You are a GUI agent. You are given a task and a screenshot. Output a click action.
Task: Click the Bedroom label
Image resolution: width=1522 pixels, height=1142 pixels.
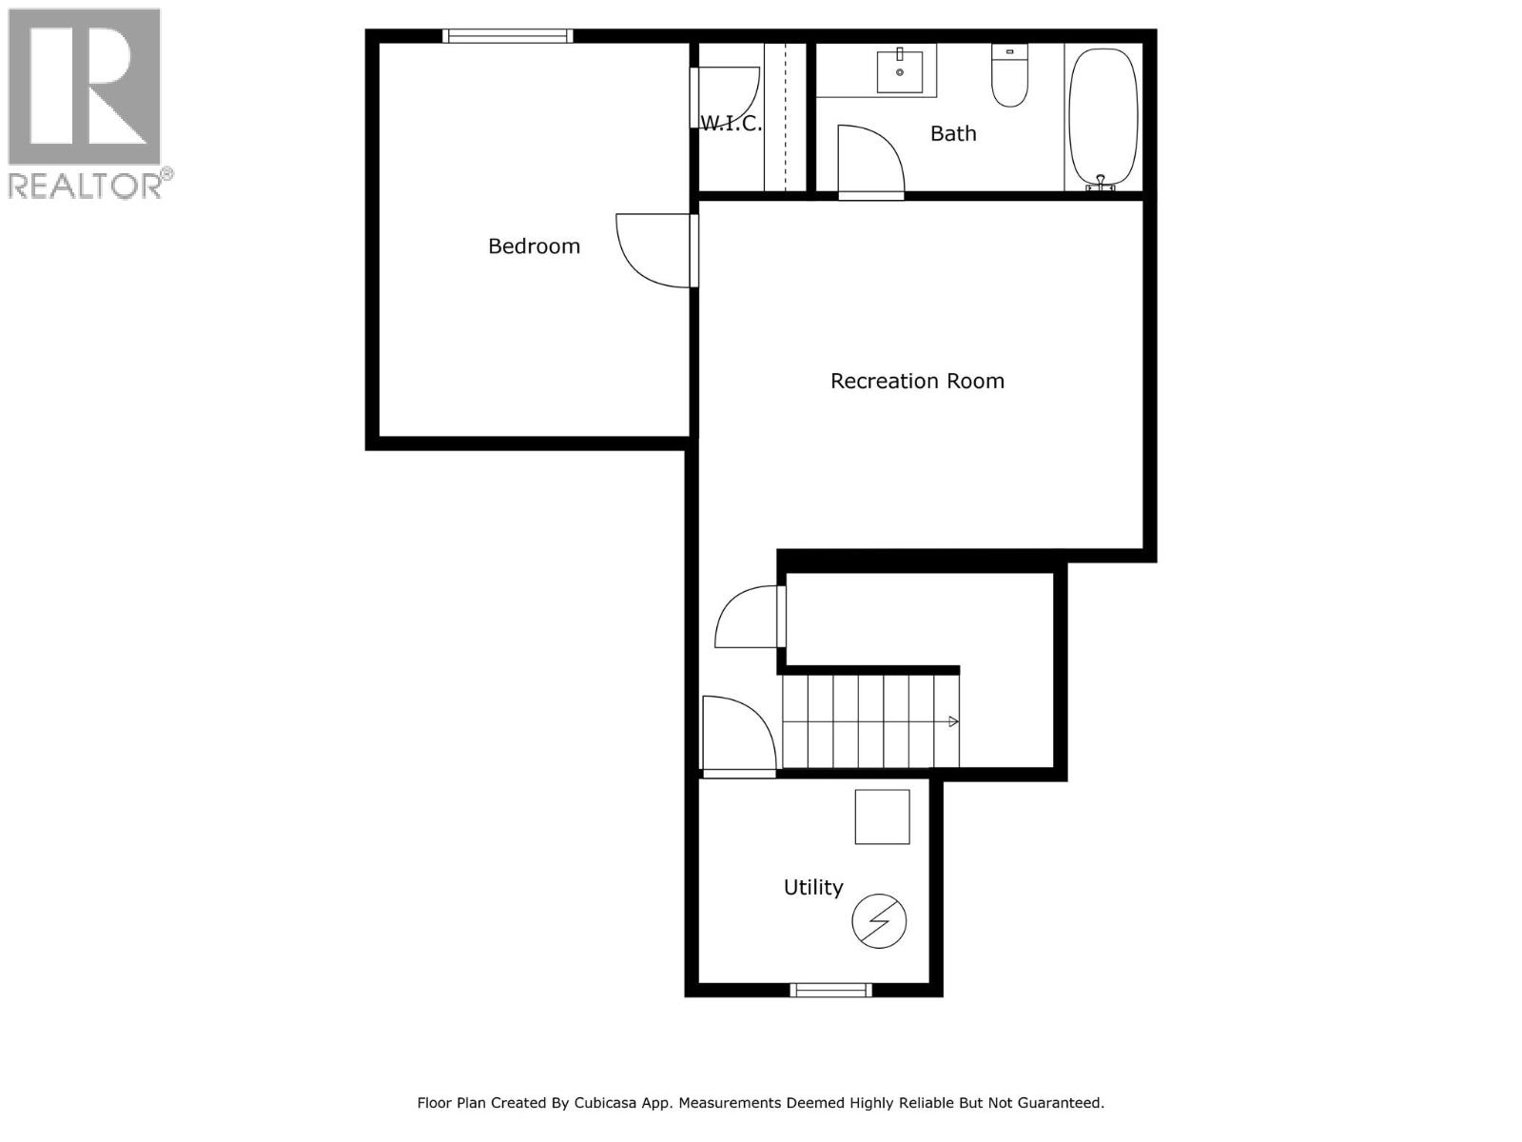tap(534, 246)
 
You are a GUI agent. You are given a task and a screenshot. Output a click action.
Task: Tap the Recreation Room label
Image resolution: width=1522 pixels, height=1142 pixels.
tap(917, 382)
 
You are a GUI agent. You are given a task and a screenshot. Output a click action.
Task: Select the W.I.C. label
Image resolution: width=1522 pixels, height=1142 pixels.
tap(731, 124)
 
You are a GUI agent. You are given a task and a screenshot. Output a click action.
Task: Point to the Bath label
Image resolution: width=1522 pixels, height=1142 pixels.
tap(953, 134)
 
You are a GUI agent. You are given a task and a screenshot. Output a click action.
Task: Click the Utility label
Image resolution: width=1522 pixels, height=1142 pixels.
tap(813, 888)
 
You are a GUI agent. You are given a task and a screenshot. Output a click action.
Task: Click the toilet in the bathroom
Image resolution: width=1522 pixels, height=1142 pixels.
tap(1009, 76)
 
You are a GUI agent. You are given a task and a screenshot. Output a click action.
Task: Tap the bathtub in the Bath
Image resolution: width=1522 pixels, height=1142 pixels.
tap(1102, 116)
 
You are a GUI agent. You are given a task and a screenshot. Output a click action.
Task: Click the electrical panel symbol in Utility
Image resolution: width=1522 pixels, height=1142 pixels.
tap(878, 921)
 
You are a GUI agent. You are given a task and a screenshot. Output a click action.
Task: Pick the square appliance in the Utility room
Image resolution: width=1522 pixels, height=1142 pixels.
tap(882, 817)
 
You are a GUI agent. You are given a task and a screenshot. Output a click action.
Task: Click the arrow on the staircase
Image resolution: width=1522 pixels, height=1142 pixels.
tap(953, 721)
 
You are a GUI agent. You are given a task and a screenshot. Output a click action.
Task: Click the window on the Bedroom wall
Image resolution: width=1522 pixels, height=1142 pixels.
tap(507, 36)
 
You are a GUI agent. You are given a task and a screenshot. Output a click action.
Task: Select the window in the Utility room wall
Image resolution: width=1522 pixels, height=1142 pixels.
tap(830, 991)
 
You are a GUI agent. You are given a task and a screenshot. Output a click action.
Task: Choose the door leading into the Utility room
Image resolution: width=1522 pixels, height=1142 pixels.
tap(737, 736)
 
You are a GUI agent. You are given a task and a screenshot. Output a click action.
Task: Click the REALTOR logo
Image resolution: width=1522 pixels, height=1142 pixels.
tap(86, 103)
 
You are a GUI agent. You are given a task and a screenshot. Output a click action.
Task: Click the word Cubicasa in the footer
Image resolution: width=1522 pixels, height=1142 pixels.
tap(608, 1104)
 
